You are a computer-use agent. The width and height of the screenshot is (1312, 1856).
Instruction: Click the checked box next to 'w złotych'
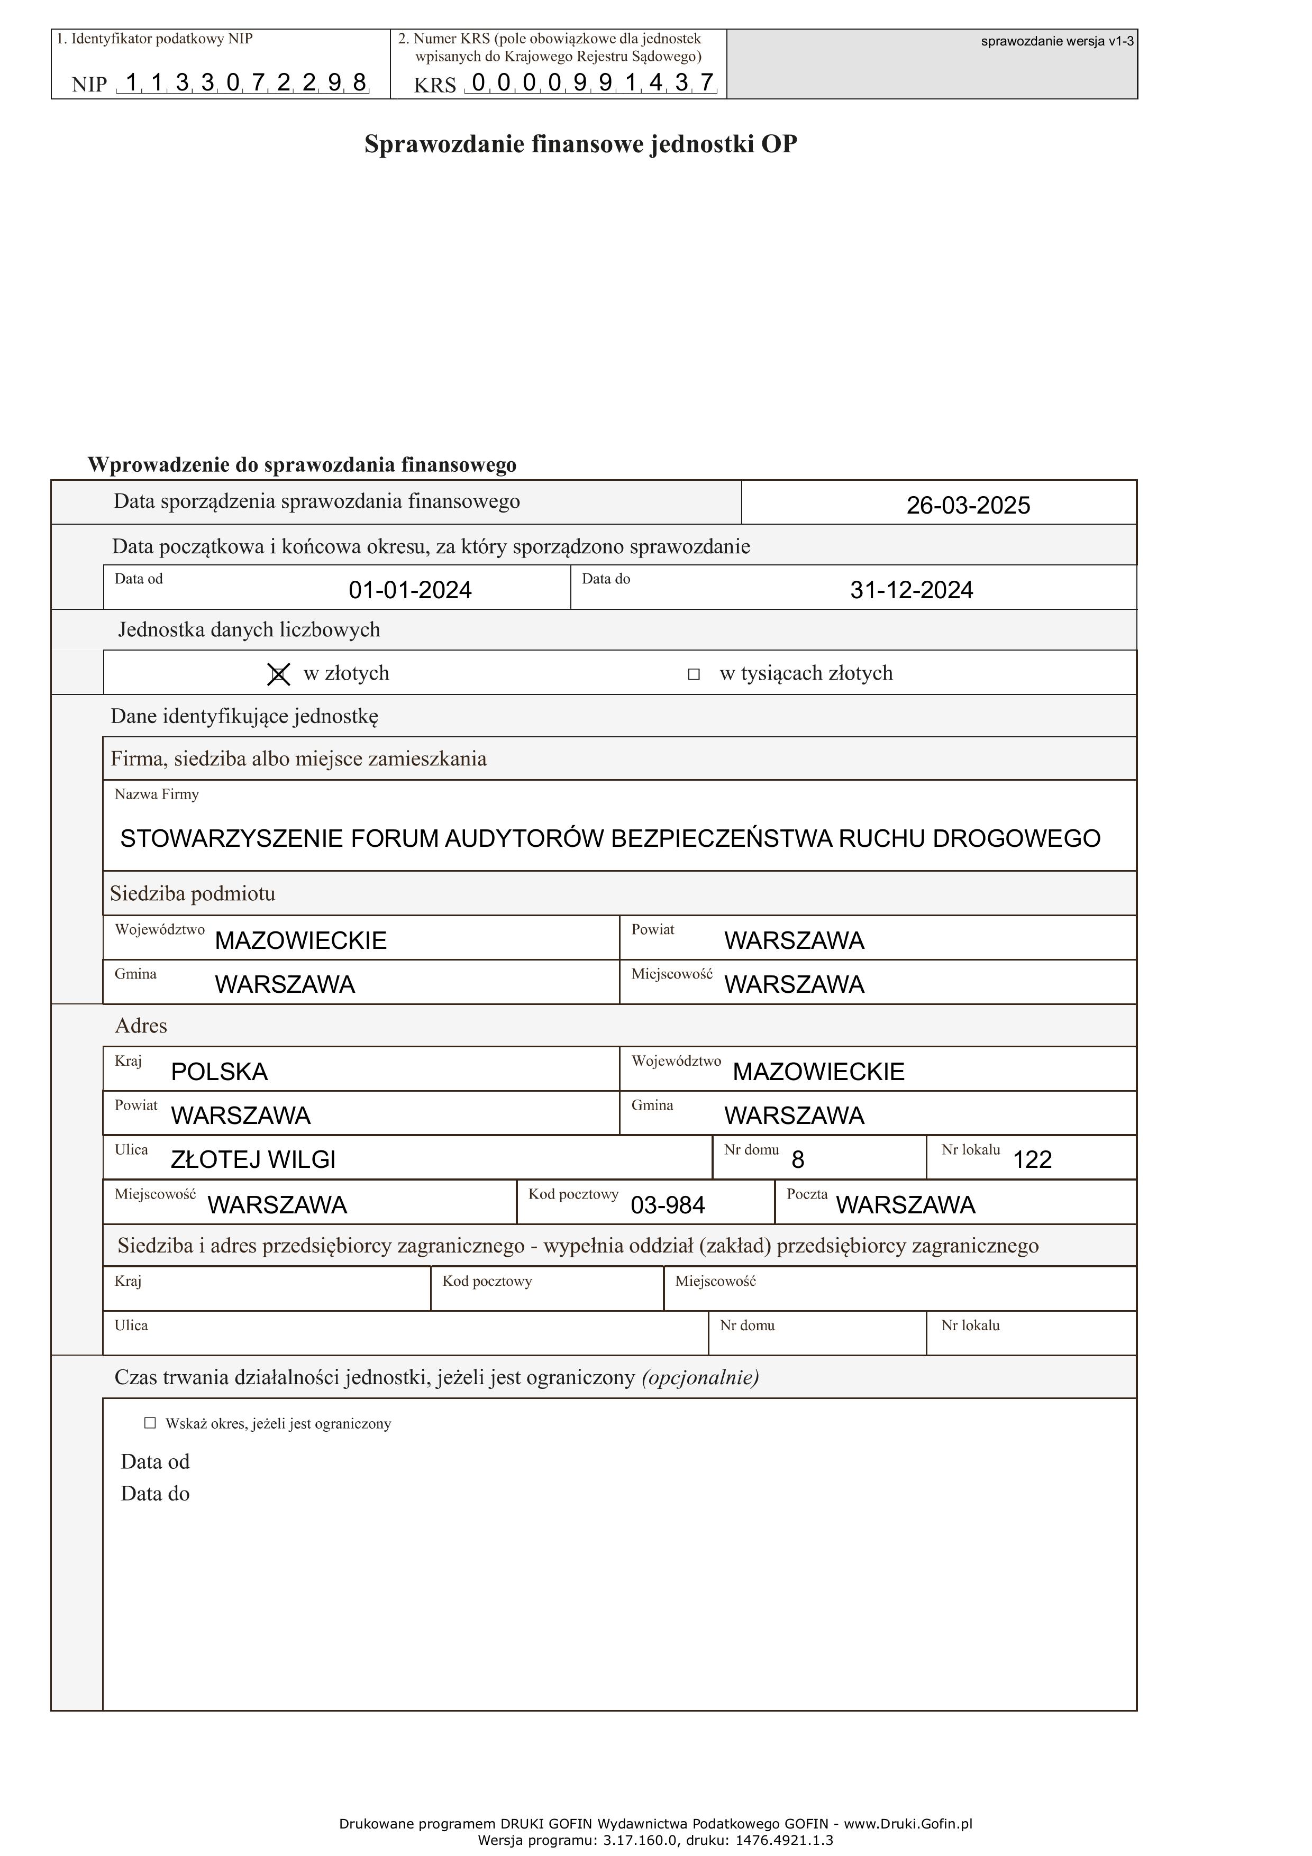pyautogui.click(x=278, y=674)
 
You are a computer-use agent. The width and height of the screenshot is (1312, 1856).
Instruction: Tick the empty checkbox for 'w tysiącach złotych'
pyautogui.click(x=693, y=674)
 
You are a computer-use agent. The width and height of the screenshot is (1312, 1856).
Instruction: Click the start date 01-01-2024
pyautogui.click(x=410, y=590)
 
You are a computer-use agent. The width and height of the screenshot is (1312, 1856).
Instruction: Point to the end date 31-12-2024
pyautogui.click(x=911, y=590)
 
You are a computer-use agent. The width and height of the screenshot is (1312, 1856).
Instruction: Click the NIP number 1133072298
pyautogui.click(x=246, y=83)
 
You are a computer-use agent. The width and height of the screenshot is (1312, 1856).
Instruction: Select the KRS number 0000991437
pyautogui.click(x=593, y=83)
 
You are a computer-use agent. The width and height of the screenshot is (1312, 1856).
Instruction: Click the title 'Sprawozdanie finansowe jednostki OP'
pyautogui.click(x=580, y=144)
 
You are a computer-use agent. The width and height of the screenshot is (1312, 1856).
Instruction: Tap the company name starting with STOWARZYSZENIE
pyautogui.click(x=609, y=838)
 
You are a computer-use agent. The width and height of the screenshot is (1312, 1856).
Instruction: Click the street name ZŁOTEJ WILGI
pyautogui.click(x=253, y=1160)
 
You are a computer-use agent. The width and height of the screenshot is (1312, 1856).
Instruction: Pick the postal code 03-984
pyautogui.click(x=667, y=1205)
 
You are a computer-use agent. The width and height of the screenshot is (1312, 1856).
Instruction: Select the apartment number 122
pyautogui.click(x=1032, y=1160)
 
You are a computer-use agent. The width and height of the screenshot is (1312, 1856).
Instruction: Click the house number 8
pyautogui.click(x=797, y=1160)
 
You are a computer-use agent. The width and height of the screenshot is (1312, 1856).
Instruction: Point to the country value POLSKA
pyautogui.click(x=219, y=1072)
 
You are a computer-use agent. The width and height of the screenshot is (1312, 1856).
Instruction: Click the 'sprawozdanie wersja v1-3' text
pyautogui.click(x=1056, y=41)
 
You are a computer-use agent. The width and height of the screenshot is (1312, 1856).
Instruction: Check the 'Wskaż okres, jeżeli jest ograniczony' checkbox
pyautogui.click(x=150, y=1423)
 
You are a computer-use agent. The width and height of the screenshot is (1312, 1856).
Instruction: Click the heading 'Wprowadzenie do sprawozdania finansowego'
pyautogui.click(x=302, y=465)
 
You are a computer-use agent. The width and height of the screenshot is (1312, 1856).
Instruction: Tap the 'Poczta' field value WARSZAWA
pyautogui.click(x=905, y=1205)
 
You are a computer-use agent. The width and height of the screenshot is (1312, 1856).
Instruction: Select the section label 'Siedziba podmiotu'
pyautogui.click(x=193, y=894)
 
